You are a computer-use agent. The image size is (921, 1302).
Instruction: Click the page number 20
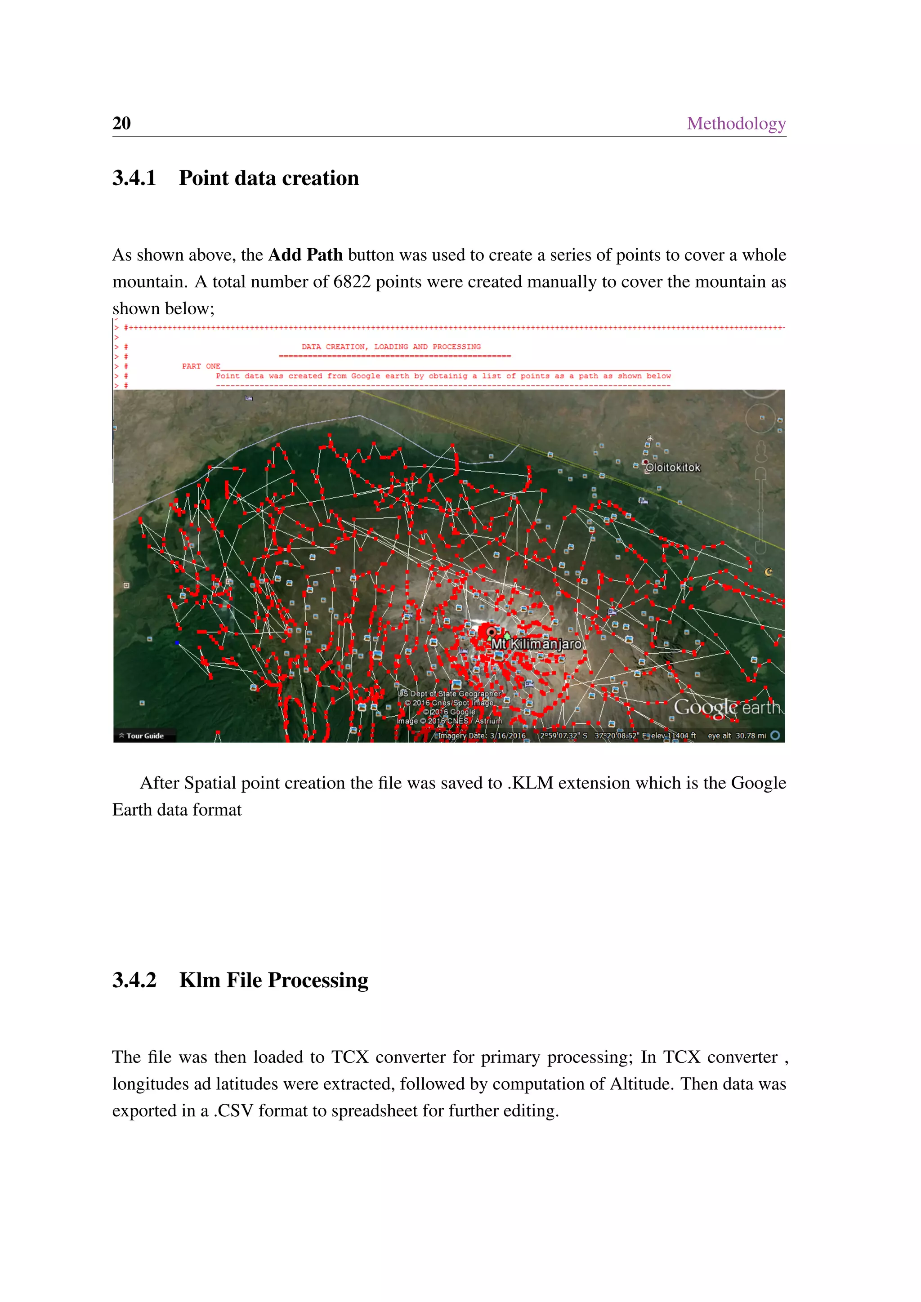pos(121,123)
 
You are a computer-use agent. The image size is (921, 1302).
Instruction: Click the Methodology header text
pos(736,123)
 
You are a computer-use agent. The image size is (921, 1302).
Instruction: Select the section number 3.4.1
pos(134,178)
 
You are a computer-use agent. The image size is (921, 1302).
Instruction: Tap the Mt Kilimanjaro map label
pos(536,644)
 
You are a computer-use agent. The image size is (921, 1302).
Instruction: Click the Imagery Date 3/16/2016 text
pos(482,736)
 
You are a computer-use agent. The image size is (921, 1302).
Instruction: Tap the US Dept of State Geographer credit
pos(450,694)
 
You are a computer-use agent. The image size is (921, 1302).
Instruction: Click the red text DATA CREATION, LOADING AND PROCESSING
pos(391,347)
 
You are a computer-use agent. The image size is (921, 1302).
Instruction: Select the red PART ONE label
pos(201,366)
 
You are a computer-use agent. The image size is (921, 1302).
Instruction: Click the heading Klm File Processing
pos(273,980)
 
